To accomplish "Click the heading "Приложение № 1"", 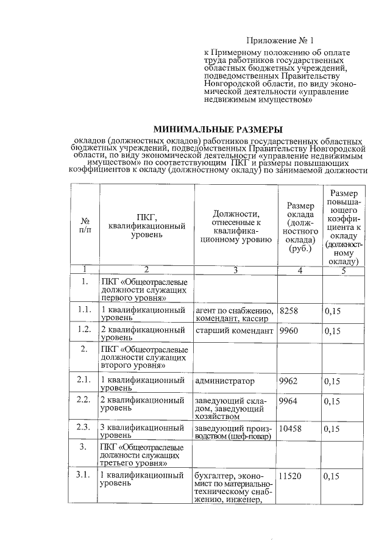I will click(x=285, y=41).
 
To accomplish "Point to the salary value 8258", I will click(x=288, y=311).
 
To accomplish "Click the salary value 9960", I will click(x=288, y=331).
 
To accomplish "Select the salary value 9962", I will click(x=288, y=381).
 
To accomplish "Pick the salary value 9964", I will click(x=288, y=401).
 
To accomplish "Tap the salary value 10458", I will click(x=290, y=429).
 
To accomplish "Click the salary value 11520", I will click(x=290, y=475).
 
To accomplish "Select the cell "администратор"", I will click(x=224, y=381).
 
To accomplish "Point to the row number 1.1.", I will click(x=85, y=311).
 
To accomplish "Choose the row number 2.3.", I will click(x=85, y=429).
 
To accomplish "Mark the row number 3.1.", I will click(x=85, y=475).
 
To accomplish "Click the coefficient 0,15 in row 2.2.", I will click(x=332, y=401).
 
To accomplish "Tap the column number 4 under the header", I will click(x=299, y=270).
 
